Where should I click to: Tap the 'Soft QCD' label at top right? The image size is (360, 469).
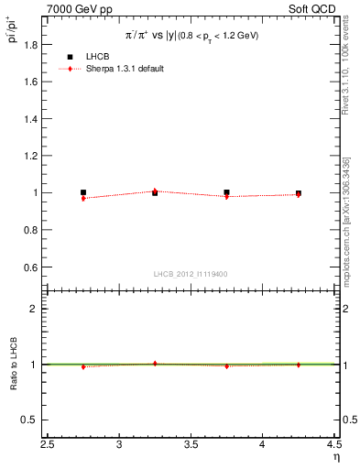(x=313, y=8)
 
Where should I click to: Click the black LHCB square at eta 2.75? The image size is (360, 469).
(x=83, y=192)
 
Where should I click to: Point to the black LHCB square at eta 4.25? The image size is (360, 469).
(x=299, y=193)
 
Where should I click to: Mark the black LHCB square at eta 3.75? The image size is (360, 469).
(x=226, y=192)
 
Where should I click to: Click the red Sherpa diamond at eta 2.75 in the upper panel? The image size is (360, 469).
(x=83, y=198)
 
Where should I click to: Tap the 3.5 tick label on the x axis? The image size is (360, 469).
(x=191, y=446)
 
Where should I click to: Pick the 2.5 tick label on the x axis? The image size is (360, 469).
(x=48, y=446)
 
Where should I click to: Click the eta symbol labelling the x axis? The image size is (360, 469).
(x=336, y=457)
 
